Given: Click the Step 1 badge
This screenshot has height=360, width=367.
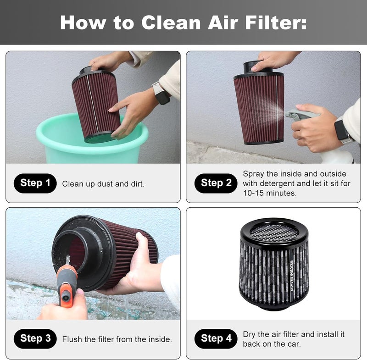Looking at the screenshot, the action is (x=35, y=183).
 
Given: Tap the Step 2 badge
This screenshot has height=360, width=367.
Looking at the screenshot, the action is (x=216, y=183).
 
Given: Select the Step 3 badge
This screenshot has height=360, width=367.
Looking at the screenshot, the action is (x=35, y=338).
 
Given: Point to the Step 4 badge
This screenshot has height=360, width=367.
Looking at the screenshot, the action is (x=216, y=338).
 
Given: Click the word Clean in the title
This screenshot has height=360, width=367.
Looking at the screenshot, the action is (x=171, y=22).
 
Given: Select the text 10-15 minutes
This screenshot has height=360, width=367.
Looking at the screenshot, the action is (x=270, y=193).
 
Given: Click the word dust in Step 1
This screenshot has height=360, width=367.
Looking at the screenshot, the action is (x=105, y=184).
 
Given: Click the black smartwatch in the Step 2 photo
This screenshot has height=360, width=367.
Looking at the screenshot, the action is (x=342, y=132).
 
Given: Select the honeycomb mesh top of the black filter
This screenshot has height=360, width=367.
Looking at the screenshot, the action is (x=274, y=231).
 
